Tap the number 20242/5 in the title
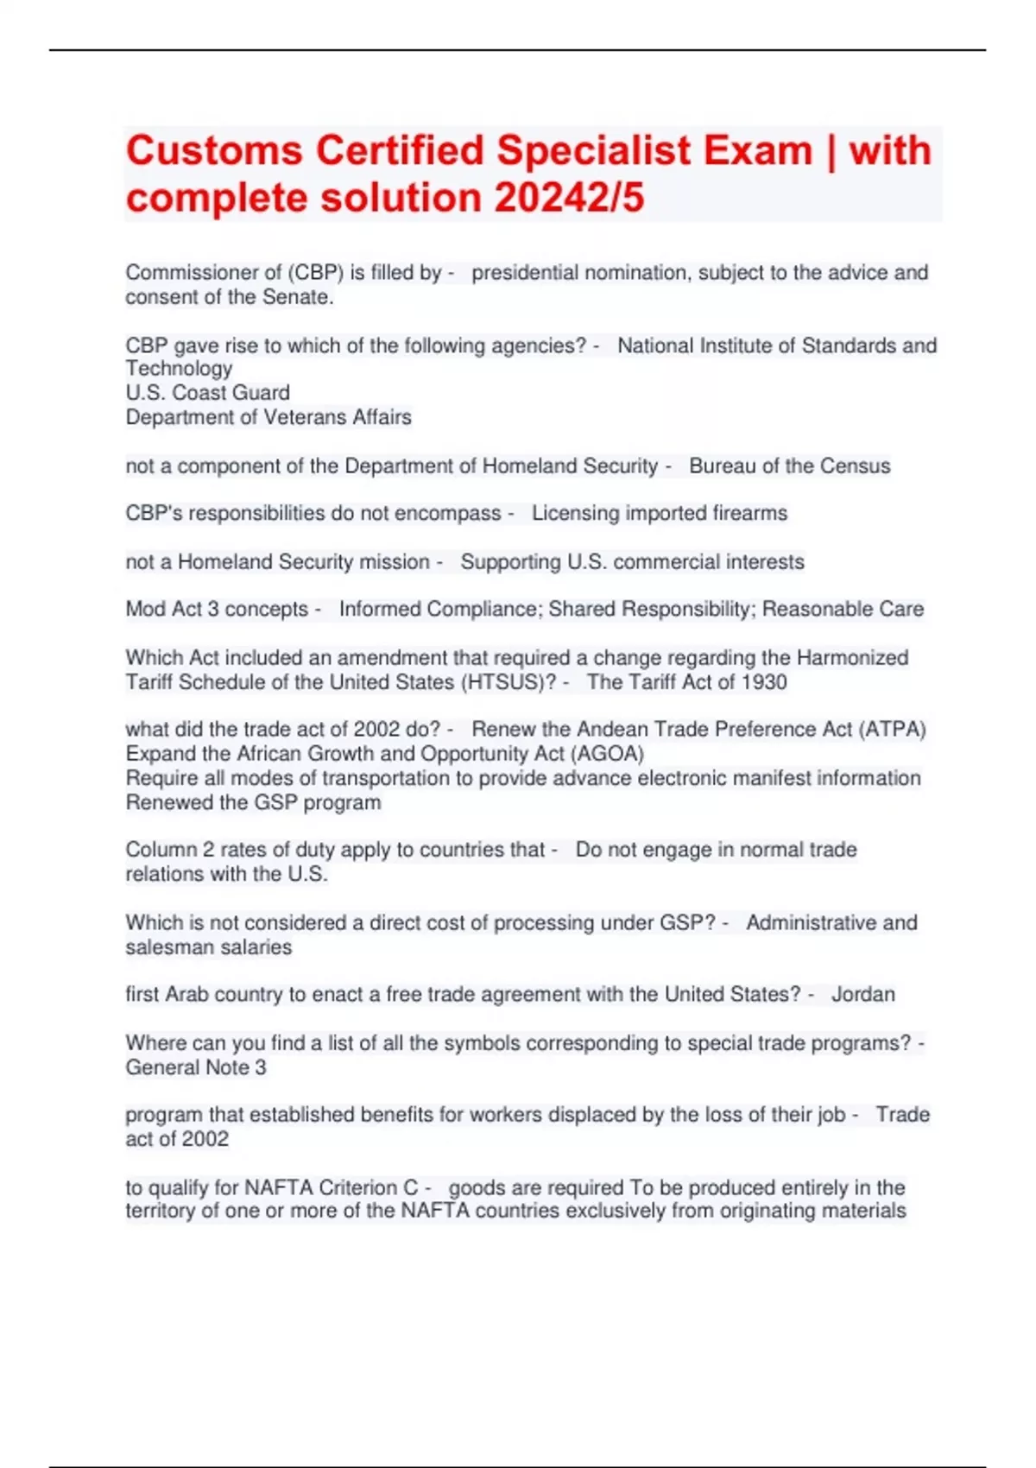click(x=569, y=198)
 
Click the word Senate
click(x=306, y=297)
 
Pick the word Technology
click(x=179, y=369)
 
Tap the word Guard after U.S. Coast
click(x=262, y=393)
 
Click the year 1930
click(x=763, y=682)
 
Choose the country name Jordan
click(x=862, y=995)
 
